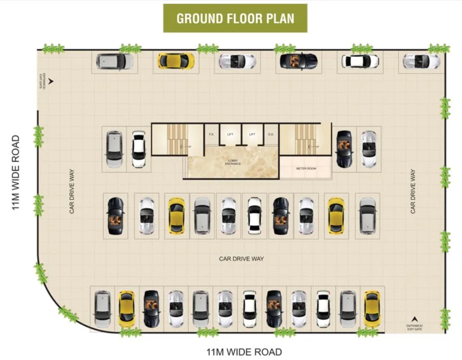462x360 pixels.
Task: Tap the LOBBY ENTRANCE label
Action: coord(234,162)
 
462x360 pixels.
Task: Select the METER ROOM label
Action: coord(306,168)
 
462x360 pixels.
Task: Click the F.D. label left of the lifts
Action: coord(211,135)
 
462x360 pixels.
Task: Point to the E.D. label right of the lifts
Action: coord(271,135)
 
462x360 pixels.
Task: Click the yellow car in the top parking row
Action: coord(176,61)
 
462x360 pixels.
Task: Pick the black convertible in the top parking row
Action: coord(299,61)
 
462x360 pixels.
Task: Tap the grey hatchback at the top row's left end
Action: coord(114,61)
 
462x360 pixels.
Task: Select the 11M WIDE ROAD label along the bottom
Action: coord(244,352)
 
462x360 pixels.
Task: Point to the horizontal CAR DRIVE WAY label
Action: coord(241,259)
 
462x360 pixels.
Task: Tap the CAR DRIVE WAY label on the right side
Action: coord(413,191)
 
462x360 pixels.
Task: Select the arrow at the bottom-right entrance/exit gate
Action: coord(414,318)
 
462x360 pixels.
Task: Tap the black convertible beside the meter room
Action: coord(344,149)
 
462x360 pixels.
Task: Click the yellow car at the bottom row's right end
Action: coord(372,309)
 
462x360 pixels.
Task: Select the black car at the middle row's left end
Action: coord(115,216)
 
